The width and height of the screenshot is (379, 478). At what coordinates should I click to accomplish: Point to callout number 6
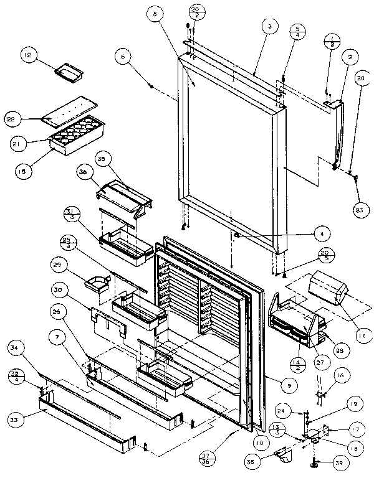pos(123,56)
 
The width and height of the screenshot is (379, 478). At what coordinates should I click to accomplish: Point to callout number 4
pos(322,234)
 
